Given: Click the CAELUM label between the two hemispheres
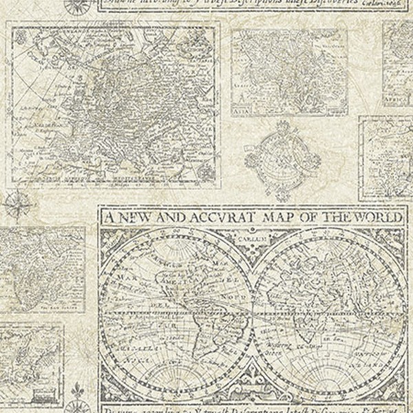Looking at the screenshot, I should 253,239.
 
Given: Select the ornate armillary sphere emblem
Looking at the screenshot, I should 282,158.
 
